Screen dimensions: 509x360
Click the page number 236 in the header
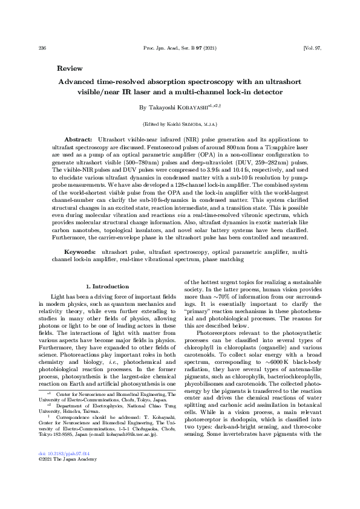tap(42, 47)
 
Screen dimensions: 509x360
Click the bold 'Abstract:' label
tap(77, 139)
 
